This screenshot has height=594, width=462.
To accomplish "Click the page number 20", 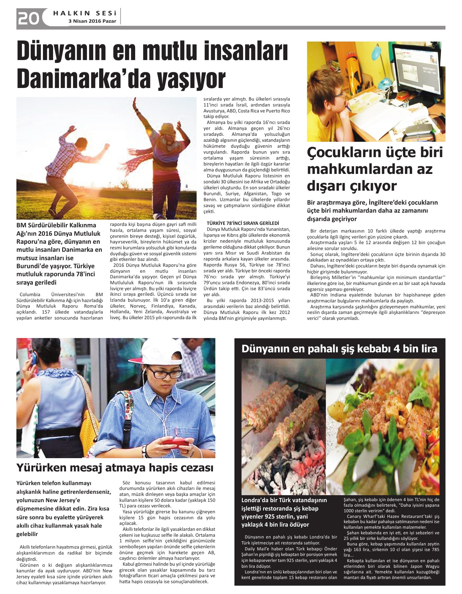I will click(x=28, y=18).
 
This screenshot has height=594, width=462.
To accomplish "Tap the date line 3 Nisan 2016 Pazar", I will click(x=92, y=21).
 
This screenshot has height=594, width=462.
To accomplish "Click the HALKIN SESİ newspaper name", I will click(x=85, y=13).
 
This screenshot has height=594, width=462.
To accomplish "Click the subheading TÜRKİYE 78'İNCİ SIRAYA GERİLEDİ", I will click(x=243, y=223).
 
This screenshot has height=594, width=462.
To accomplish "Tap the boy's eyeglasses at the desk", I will click(x=338, y=95).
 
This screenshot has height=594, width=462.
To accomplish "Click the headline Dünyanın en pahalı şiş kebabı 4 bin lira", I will click(x=339, y=349).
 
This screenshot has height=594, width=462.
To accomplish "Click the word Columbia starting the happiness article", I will click(x=30, y=294).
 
